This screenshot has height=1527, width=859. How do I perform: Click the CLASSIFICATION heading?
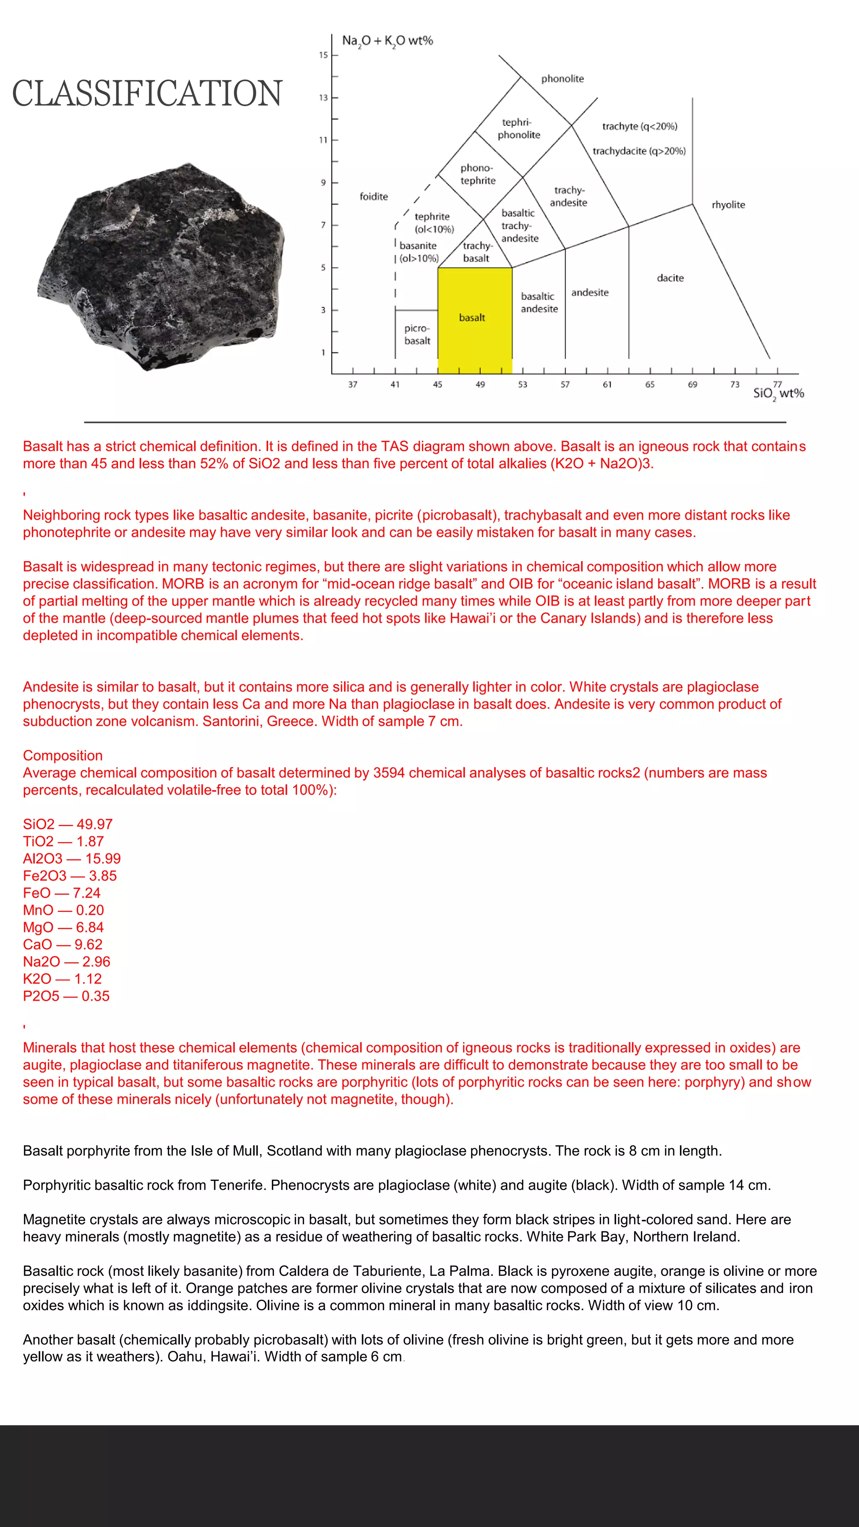pos(147,94)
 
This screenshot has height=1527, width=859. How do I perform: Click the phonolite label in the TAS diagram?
pos(562,79)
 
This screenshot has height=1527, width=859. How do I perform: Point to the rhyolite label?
pos(728,205)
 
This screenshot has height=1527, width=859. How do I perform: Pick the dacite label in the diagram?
pos(670,278)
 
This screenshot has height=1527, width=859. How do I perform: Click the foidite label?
pos(373,196)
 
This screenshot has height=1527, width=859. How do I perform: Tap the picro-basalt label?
pos(417,334)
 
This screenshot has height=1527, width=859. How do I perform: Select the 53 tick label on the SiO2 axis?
pos(522,385)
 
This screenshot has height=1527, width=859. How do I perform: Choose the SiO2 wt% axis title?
pos(778,394)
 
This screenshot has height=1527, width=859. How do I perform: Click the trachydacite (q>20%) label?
pos(639,151)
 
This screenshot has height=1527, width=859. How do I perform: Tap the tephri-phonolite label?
pos(519,129)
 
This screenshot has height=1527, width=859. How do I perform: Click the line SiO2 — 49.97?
pos(68,824)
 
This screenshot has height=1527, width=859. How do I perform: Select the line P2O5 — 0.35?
pos(66,996)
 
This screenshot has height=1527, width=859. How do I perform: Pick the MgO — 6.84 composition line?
pos(63,927)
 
